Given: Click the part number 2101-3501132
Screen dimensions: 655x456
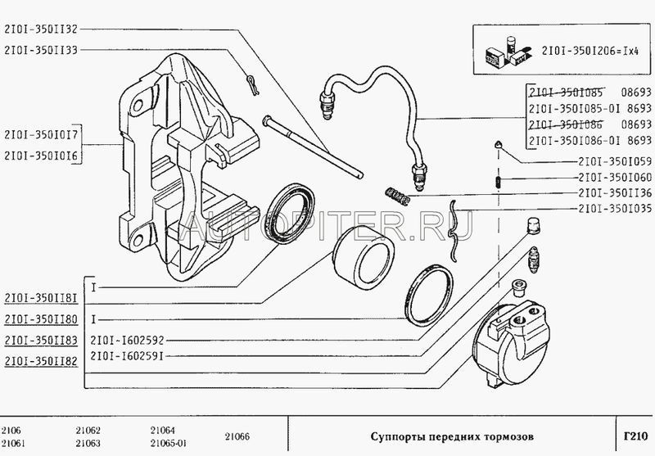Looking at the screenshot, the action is coord(40,29).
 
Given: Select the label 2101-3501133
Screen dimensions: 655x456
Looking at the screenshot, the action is coord(40,50).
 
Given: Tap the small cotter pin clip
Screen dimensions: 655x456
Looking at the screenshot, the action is coord(252,85).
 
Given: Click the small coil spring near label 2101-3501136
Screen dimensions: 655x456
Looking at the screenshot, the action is coord(397,196).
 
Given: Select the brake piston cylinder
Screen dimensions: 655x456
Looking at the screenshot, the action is coord(364,258).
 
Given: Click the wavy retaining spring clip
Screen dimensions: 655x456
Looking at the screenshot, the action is coord(454,230).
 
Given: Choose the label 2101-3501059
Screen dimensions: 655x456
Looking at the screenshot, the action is coord(615,161).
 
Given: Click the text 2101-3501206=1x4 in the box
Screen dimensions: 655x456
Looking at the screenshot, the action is coord(589,51).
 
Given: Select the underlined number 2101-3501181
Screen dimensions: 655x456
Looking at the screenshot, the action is coord(41,298).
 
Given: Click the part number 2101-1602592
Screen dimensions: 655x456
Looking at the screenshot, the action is coord(127,341).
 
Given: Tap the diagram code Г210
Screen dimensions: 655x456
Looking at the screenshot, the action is coord(635,437).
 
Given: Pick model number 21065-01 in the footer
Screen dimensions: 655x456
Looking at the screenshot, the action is coord(169,443).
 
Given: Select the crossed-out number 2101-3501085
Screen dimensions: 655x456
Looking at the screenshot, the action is coord(566,92).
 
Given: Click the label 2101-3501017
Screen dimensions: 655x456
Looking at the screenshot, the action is coord(41,134).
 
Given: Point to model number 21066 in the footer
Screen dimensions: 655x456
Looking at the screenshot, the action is coord(237,437).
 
